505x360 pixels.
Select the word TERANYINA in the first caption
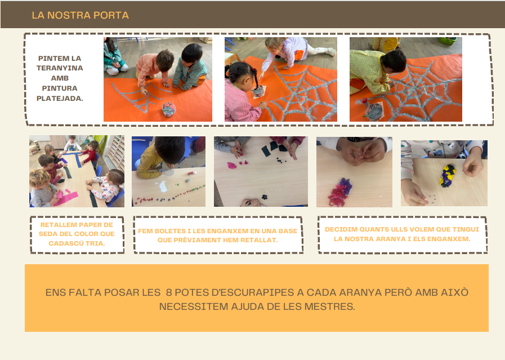[60, 68]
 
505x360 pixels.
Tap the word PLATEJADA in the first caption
[60, 98]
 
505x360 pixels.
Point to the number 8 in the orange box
[169, 292]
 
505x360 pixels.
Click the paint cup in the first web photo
[169, 109]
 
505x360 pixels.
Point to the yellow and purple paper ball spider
[448, 176]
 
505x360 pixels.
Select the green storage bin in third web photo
[448, 41]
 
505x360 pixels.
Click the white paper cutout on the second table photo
[163, 186]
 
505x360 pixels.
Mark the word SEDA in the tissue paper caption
[47, 234]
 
